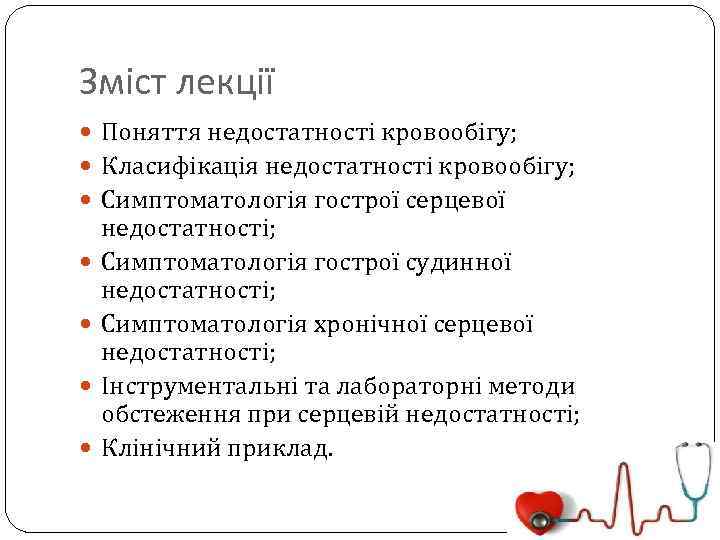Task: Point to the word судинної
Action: click(x=460, y=263)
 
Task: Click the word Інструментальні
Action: click(x=191, y=387)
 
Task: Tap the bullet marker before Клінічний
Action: click(x=86, y=447)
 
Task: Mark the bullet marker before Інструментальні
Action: click(x=86, y=387)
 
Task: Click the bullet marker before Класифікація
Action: click(x=86, y=166)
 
